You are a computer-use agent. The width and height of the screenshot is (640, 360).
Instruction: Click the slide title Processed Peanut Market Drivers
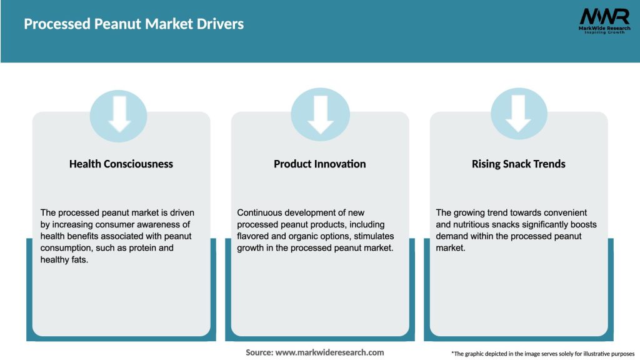coord(134,24)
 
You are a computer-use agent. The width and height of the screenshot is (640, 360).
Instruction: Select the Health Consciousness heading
coord(121,164)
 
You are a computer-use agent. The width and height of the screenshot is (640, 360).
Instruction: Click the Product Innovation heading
coord(320,164)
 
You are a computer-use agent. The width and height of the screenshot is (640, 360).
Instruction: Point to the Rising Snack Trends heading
coord(518,164)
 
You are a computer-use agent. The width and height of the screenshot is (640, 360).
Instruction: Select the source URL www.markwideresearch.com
coord(329,352)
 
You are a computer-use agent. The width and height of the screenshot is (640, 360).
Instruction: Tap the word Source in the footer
coord(259,352)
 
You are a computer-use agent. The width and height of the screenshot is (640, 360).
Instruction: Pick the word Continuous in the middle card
coord(260,212)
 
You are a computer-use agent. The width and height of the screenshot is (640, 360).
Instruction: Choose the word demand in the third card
coord(452,236)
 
